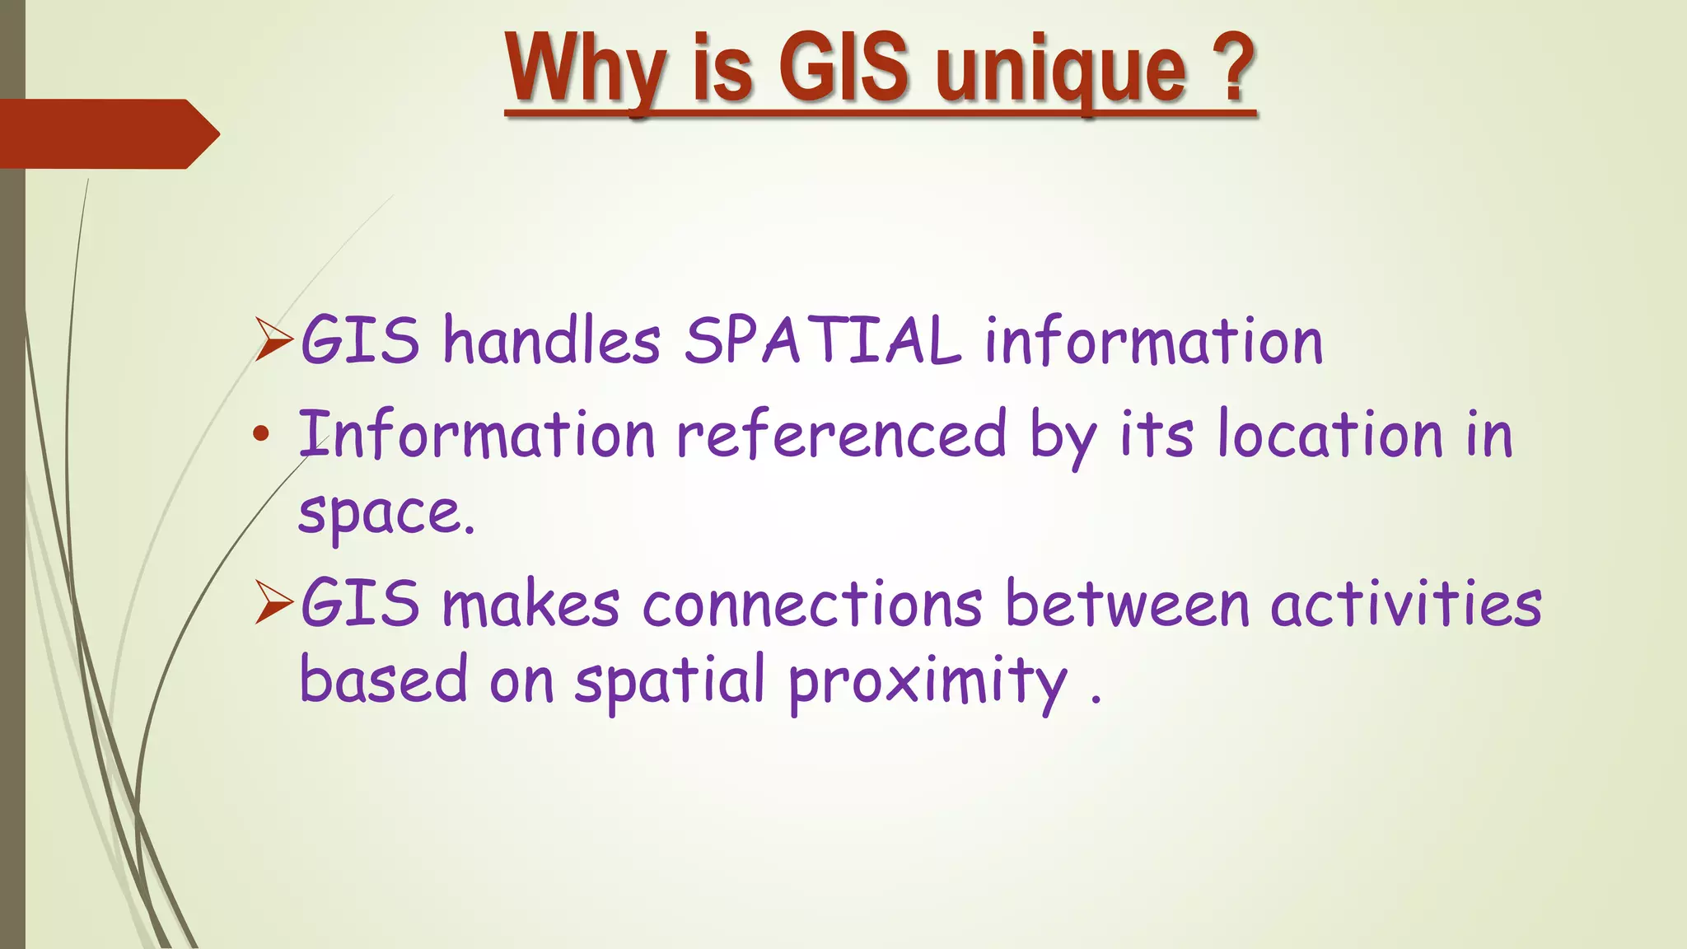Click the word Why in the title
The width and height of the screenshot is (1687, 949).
point(586,69)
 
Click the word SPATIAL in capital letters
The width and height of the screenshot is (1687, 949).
point(822,340)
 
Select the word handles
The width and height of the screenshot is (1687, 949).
point(551,340)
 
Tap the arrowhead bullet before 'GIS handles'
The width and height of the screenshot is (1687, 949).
point(273,339)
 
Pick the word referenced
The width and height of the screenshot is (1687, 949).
point(841,434)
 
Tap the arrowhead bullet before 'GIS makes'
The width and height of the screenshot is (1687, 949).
point(273,602)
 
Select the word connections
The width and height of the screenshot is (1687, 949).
point(811,604)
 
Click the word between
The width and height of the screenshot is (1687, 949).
point(1128,604)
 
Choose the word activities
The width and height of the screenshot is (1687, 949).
point(1405,604)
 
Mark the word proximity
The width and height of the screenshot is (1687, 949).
point(927,683)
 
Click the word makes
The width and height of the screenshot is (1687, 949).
point(530,604)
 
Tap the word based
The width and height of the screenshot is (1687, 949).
point(383,680)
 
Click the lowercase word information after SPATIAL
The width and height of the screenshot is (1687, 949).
point(1153,340)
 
